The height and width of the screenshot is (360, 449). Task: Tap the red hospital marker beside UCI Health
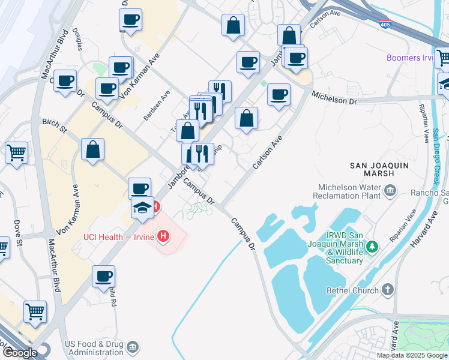(x=163, y=237)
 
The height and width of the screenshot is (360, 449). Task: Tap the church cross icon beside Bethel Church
(x=388, y=290)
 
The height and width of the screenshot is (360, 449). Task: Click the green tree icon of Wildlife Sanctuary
(x=373, y=245)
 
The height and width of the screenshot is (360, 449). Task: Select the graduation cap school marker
(x=142, y=209)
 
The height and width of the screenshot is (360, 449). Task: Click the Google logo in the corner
(x=19, y=353)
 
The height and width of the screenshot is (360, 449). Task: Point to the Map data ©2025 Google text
(x=412, y=355)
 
